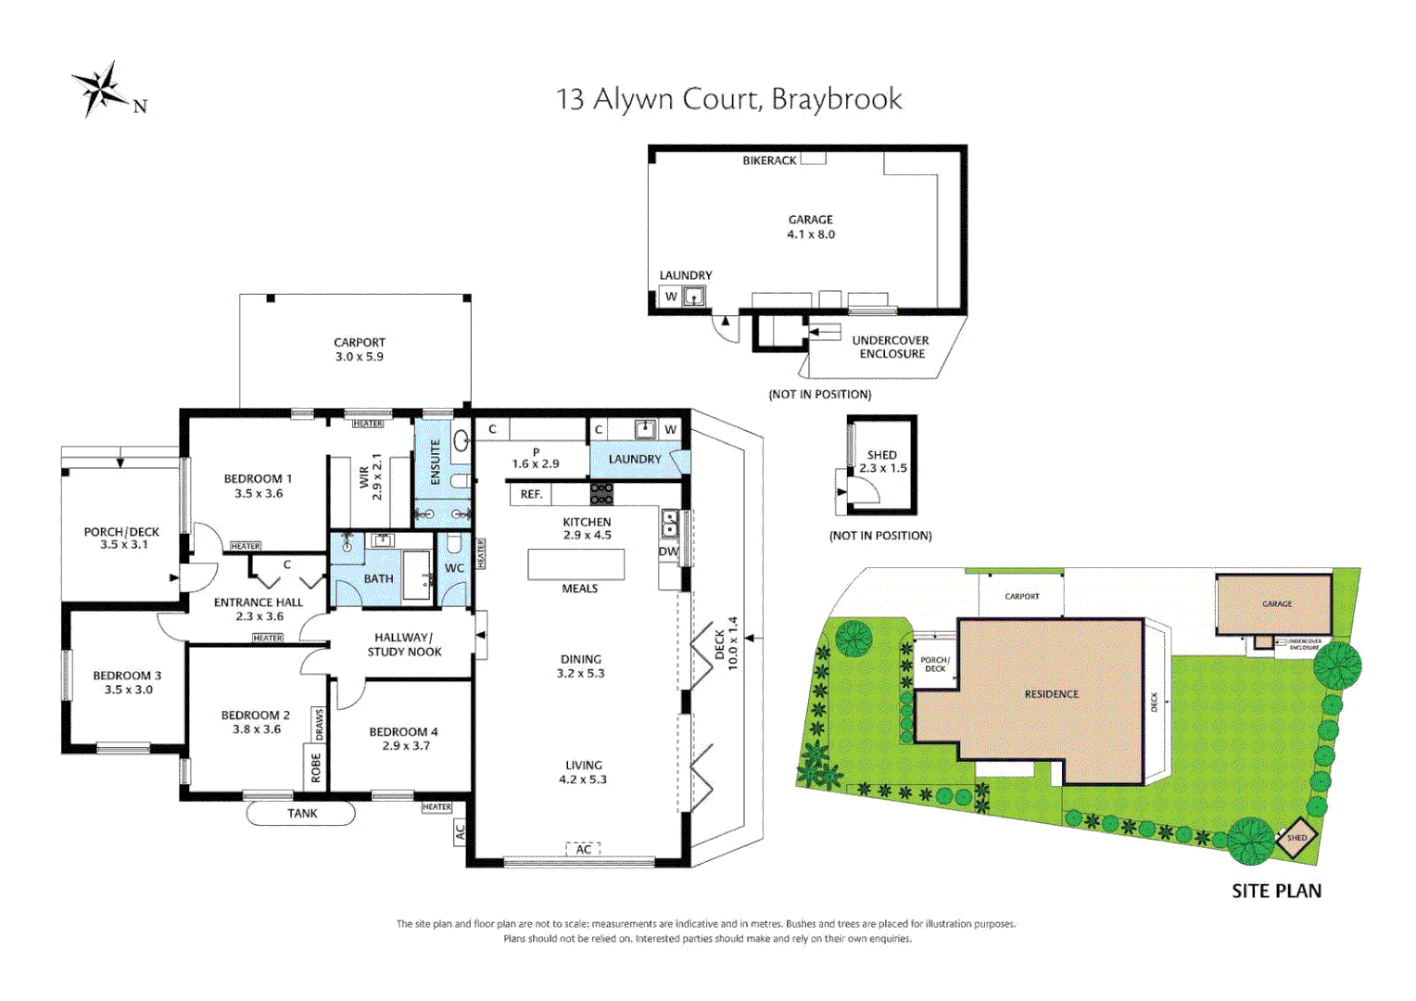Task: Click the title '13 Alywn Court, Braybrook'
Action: click(x=728, y=99)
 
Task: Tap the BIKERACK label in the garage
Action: click(x=769, y=160)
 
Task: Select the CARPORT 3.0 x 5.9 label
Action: click(x=360, y=349)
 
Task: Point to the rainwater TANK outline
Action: click(x=301, y=814)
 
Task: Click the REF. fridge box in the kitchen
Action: click(x=531, y=494)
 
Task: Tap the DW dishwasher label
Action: click(x=668, y=551)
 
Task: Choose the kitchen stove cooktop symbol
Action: click(x=601, y=493)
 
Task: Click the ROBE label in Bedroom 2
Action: click(x=316, y=767)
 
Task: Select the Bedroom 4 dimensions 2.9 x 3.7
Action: click(x=406, y=746)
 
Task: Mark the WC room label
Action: click(x=454, y=568)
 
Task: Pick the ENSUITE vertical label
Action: click(x=436, y=462)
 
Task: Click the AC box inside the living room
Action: click(x=584, y=849)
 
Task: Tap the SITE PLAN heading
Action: click(x=1276, y=891)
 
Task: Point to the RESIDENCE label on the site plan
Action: click(x=1051, y=694)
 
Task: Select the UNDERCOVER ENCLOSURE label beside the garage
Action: click(x=891, y=347)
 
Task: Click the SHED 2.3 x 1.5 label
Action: click(x=882, y=462)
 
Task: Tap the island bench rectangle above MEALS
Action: click(x=575, y=564)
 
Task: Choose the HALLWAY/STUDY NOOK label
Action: click(x=404, y=644)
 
